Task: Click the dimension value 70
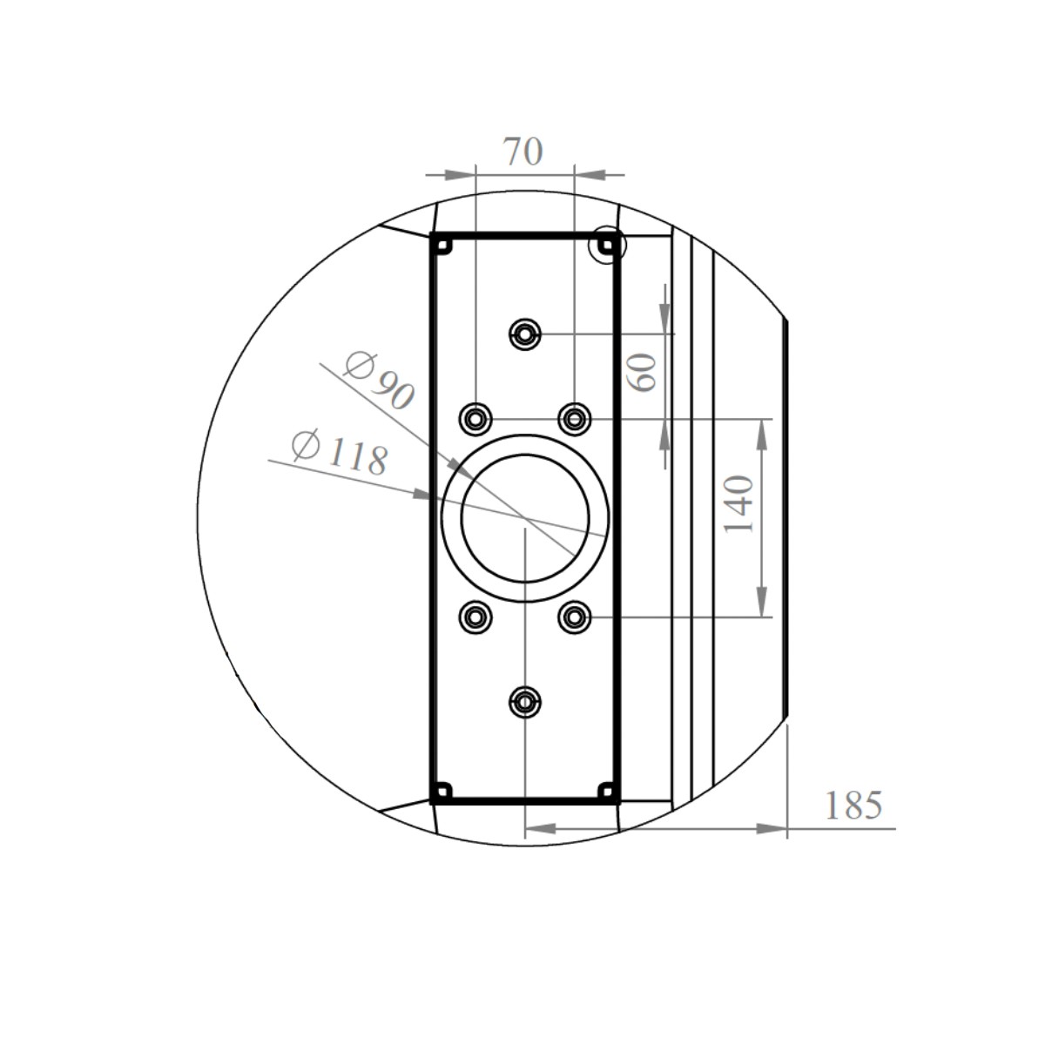(x=524, y=152)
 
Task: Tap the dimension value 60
(x=642, y=372)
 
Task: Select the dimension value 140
(x=739, y=504)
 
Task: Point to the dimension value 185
(x=853, y=805)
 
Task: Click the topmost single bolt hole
(x=524, y=334)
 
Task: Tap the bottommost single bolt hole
(x=524, y=702)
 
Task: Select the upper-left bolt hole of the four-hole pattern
(x=475, y=419)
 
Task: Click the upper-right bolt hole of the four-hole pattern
(x=574, y=419)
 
